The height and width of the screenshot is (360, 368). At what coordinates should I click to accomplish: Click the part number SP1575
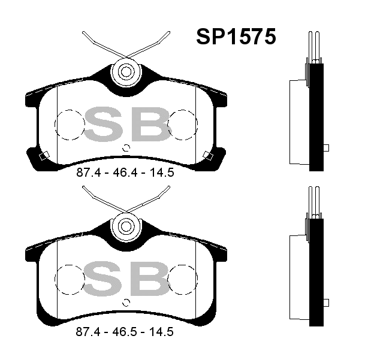tap(236, 37)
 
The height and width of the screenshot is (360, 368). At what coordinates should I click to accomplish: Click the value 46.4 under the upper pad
tap(123, 173)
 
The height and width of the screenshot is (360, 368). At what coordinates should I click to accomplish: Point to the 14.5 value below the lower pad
tap(161, 332)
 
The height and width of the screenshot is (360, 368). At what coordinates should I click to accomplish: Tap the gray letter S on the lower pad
tap(103, 279)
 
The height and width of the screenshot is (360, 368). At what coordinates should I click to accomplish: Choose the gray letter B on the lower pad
tap(151, 279)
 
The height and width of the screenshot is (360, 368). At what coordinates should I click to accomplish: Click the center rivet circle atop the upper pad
tap(126, 72)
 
